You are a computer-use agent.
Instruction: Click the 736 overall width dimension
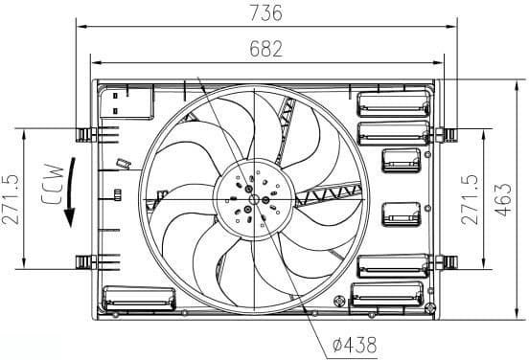pyautogui.click(x=267, y=12)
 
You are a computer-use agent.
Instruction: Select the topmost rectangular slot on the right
pyautogui.click(x=392, y=102)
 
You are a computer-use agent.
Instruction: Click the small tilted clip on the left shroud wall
pyautogui.click(x=122, y=163)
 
